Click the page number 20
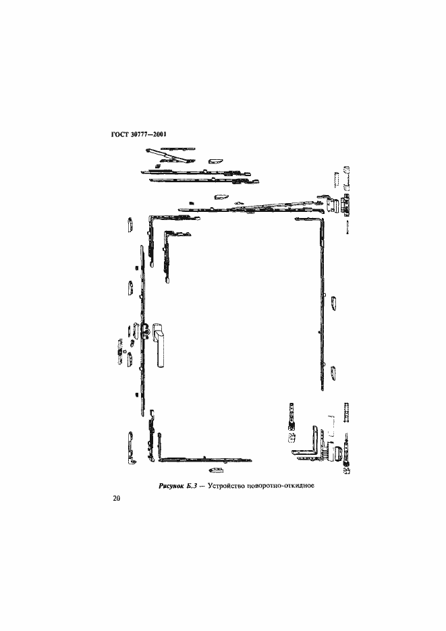click(116, 499)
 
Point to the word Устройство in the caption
click(227, 485)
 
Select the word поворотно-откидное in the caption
click(281, 485)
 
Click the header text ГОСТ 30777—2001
click(138, 134)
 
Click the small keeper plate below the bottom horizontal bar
click(216, 470)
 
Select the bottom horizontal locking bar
click(206, 459)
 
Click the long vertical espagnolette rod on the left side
click(142, 332)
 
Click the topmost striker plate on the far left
click(130, 225)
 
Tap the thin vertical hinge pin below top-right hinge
click(347, 227)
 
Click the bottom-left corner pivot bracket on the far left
click(132, 448)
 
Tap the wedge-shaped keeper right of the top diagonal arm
click(215, 161)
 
